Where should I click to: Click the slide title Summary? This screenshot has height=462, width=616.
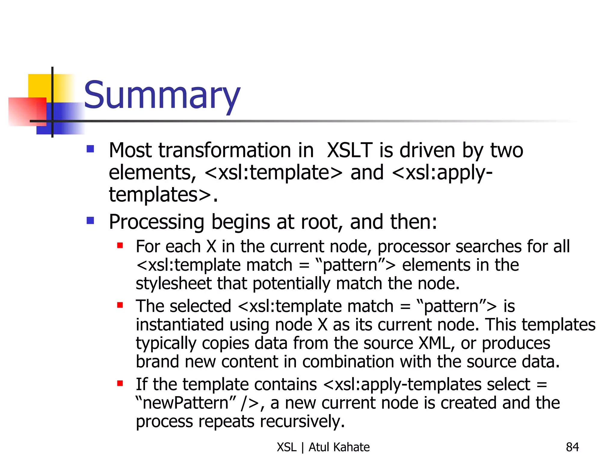click(x=162, y=96)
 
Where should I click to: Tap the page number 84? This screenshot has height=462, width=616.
click(x=572, y=447)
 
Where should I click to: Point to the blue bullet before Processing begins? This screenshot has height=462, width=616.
click(x=90, y=221)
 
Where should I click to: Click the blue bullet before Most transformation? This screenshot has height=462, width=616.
click(x=90, y=149)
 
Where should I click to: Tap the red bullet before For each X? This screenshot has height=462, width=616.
click(x=120, y=246)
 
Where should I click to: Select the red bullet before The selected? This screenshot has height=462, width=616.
click(x=120, y=305)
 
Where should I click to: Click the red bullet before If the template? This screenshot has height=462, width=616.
click(x=120, y=383)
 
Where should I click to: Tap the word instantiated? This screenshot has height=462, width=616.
click(x=180, y=325)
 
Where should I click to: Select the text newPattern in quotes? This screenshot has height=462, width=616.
click(x=186, y=403)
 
